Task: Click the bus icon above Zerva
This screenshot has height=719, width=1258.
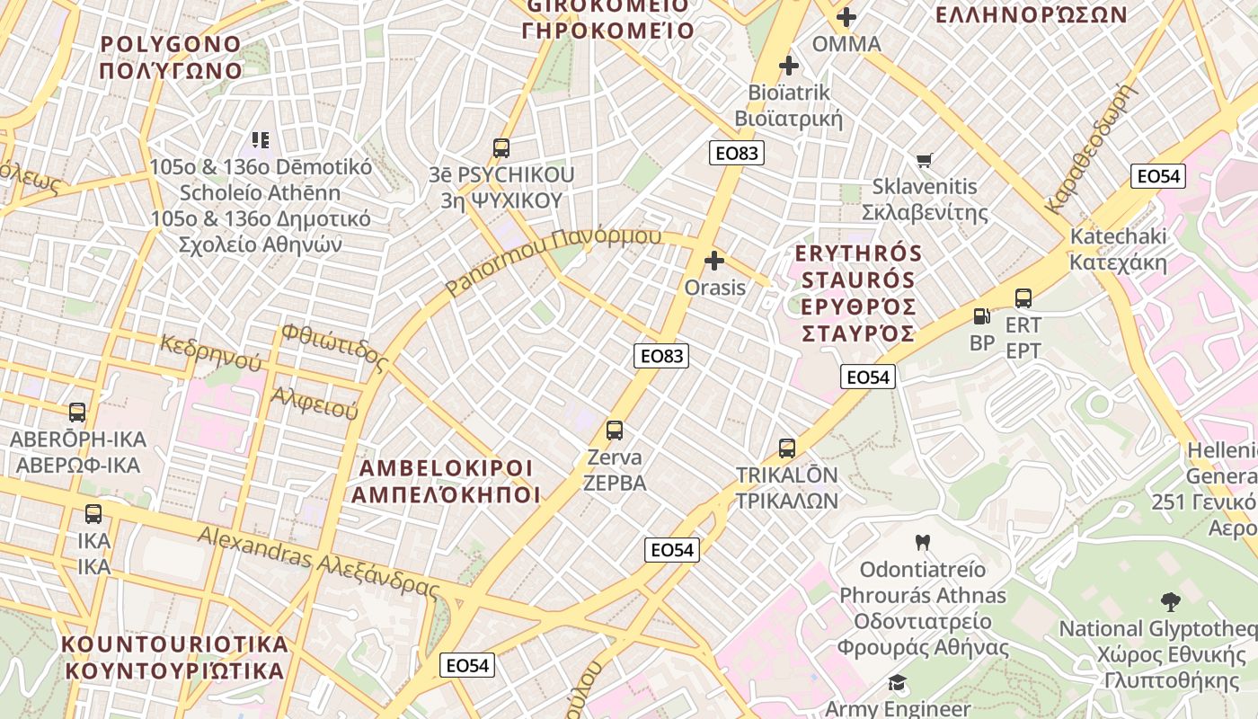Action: [615, 431]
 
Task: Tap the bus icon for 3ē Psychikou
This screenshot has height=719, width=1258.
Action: [501, 148]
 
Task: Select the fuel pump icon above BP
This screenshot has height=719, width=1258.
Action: [981, 316]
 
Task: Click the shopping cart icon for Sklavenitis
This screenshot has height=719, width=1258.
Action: [924, 161]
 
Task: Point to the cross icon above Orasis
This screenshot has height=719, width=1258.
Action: [714, 262]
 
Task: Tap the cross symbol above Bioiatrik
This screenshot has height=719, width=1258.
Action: [789, 66]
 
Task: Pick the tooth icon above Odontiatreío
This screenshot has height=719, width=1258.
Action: [922, 543]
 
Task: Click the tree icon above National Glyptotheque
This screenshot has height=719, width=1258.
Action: [1170, 602]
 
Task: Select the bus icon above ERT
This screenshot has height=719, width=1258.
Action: [1023, 298]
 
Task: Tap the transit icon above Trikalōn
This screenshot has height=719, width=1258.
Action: [787, 448]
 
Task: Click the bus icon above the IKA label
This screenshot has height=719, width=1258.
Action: [93, 514]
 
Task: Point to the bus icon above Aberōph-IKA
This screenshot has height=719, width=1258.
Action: [77, 413]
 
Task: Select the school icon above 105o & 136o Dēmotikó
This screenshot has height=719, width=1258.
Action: [261, 140]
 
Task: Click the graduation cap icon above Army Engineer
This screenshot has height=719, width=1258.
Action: [897, 683]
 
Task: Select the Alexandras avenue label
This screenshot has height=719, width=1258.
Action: [318, 562]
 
